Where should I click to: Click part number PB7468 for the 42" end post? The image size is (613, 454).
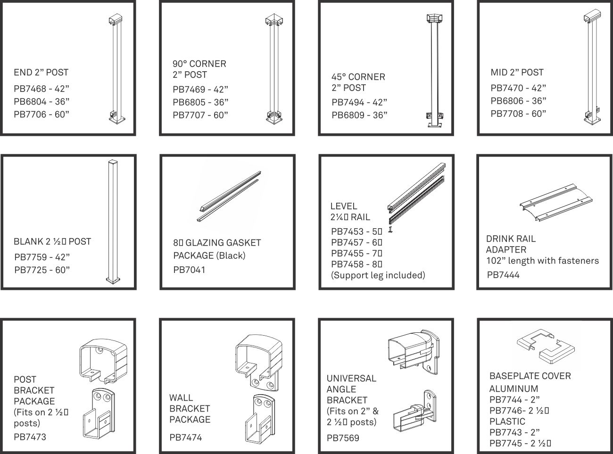pos(30,89)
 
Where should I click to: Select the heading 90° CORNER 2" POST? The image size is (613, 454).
pos(199,69)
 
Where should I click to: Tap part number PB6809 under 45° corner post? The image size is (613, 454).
pos(348,115)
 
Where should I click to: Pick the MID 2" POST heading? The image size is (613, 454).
pos(517,72)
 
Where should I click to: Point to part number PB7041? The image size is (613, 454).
pos(189,270)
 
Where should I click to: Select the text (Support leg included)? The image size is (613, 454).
pos(378,275)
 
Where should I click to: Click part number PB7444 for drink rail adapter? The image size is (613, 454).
pos(503,275)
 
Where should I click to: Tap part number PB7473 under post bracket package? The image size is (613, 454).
pos(30,437)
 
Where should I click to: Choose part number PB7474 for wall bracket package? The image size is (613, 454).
pos(186,437)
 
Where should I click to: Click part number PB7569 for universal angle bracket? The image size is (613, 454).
pos(343,437)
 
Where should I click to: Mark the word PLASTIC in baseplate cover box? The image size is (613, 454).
pos(507,421)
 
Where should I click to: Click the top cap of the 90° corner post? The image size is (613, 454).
pos(274,20)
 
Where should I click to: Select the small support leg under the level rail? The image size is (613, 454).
pos(391,229)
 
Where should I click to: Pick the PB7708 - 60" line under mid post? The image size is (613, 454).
pos(518,114)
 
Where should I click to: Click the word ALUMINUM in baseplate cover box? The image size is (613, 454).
pos(514,388)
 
